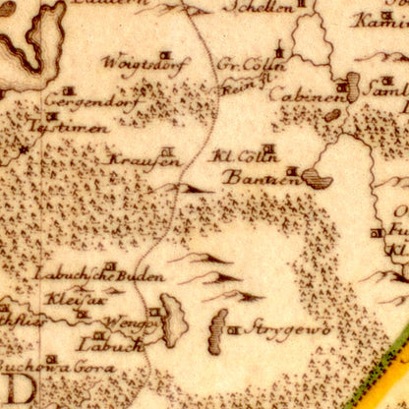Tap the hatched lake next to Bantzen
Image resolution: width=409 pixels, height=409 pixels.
pos(317,178)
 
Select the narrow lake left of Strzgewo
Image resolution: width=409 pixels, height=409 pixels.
pos(217,329)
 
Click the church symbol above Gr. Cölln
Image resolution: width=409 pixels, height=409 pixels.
pos(280,48)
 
